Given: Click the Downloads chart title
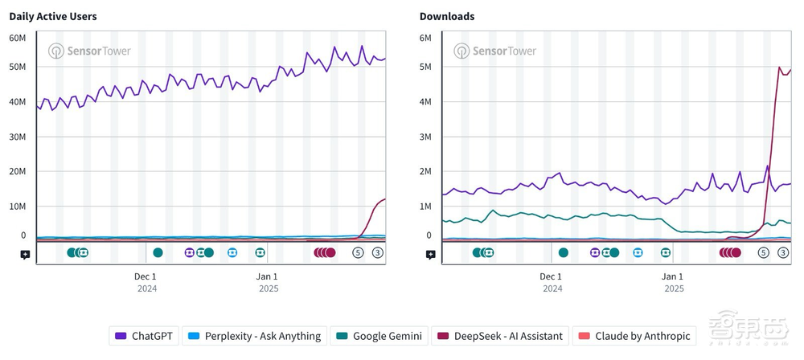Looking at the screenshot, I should click(446, 16).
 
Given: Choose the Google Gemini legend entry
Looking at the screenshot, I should click(379, 336).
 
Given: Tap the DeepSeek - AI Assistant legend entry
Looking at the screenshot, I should click(500, 336).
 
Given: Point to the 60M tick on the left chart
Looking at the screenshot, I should click(18, 38).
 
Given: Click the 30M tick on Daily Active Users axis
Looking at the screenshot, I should click(18, 137).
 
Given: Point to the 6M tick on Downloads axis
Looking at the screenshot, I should click(425, 38).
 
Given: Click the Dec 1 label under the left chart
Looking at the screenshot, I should click(146, 276).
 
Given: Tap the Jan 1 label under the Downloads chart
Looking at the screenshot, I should click(673, 276).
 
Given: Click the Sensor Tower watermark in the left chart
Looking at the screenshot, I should click(89, 51).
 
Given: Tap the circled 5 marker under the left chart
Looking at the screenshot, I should click(359, 252).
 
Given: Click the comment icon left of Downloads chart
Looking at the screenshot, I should click(431, 254).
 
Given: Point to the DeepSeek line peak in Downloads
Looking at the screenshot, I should click(779, 67).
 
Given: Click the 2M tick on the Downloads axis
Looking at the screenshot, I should click(425, 171).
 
